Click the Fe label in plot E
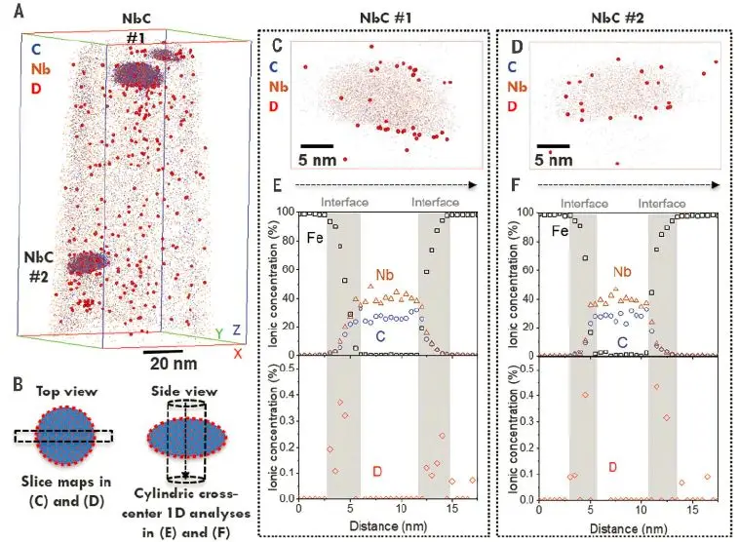pyautogui.click(x=314, y=233)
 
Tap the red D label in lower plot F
pyautogui.click(x=612, y=467)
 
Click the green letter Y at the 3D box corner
pyautogui.click(x=219, y=332)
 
